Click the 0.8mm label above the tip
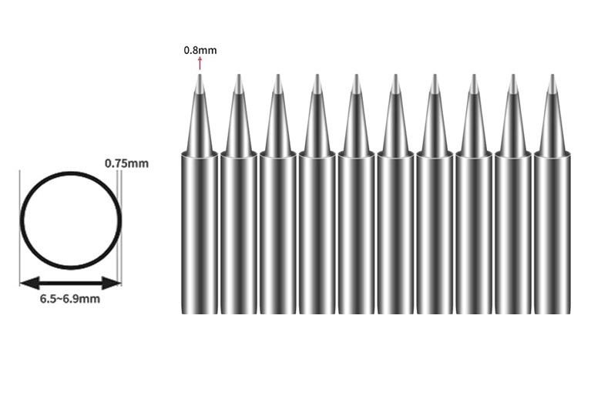[x=200, y=50]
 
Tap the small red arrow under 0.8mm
[x=200, y=64]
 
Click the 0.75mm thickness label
[x=127, y=163]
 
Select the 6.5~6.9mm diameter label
[x=70, y=299]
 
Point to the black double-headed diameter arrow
[x=70, y=283]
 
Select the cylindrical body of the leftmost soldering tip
[x=200, y=231]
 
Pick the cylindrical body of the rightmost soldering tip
[x=552, y=231]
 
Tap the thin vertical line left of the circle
[x=20, y=231]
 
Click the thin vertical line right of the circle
[x=120, y=231]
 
